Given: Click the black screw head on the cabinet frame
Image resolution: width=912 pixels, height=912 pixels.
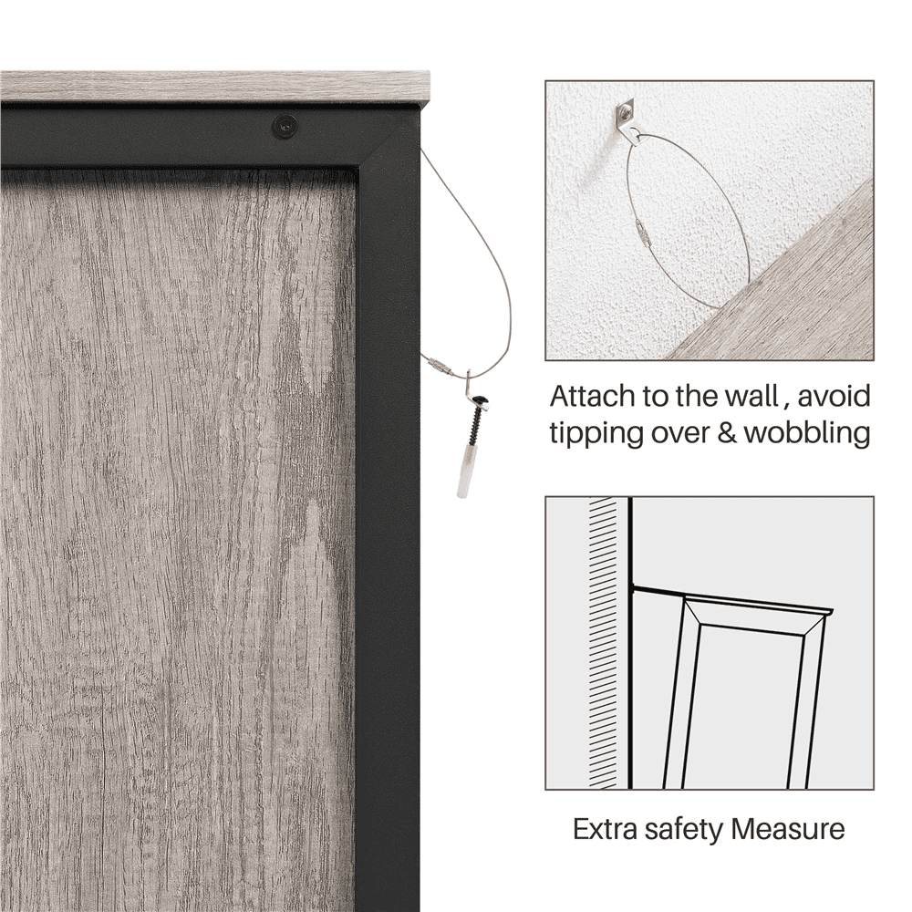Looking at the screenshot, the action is pos(285,126).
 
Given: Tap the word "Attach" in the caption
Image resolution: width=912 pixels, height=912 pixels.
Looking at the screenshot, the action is pos(592,397).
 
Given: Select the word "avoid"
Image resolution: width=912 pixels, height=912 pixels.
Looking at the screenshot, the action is pos(834,397).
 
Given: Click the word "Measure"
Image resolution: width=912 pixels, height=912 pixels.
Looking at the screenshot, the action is pos(788,829).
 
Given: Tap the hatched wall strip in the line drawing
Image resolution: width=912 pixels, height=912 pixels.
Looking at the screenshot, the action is pos(603,643).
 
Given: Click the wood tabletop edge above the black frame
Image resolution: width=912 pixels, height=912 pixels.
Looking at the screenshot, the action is pos(215,87).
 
